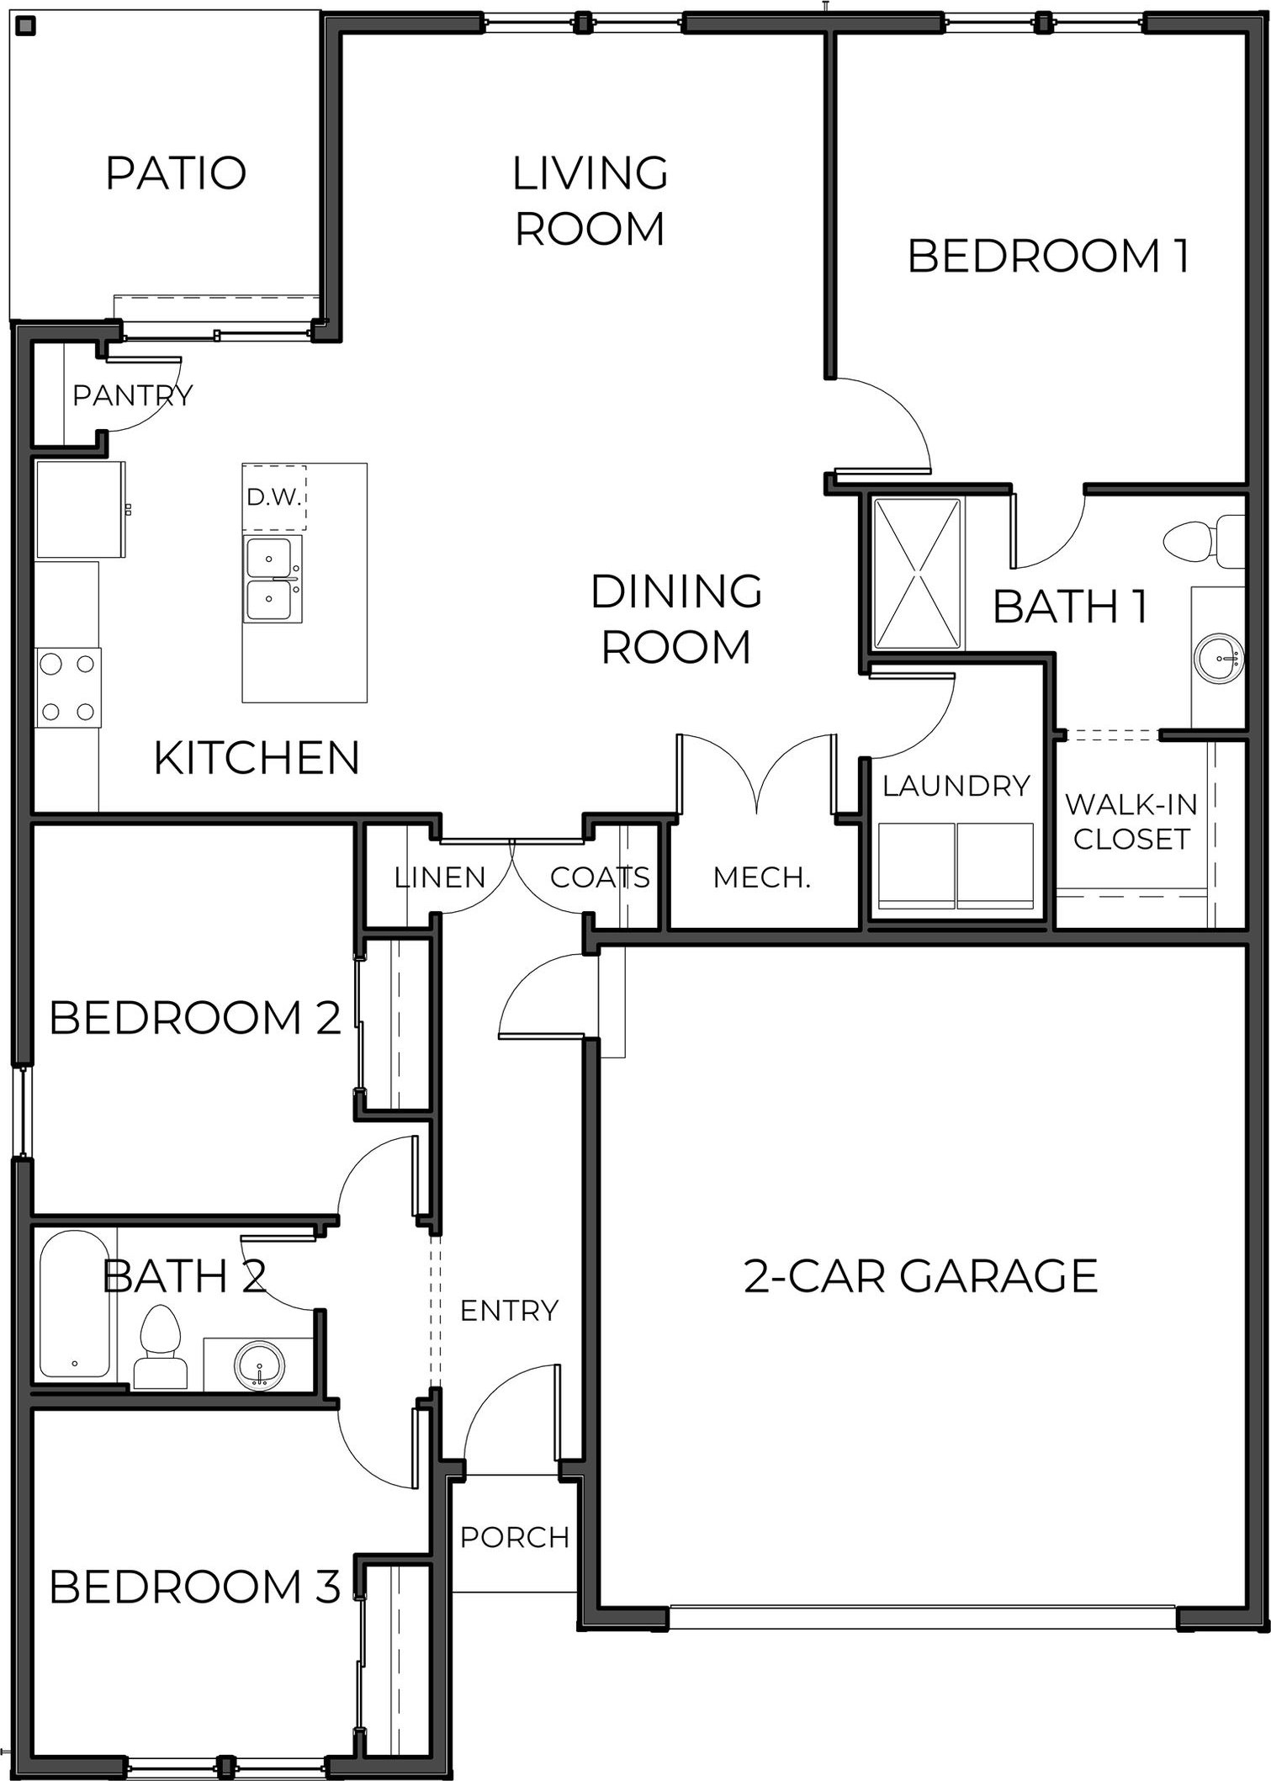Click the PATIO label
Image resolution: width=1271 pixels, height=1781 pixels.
click(176, 172)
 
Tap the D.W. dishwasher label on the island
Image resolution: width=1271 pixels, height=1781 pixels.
click(274, 497)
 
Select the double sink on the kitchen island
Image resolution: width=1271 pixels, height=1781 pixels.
click(273, 579)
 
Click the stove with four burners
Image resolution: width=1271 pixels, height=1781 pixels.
click(68, 687)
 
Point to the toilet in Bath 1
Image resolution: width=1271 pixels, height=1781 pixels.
click(1204, 543)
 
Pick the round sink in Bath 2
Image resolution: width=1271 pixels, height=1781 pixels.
click(260, 1365)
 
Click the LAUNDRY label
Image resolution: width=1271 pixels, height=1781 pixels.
click(956, 786)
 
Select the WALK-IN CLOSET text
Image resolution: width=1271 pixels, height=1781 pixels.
click(1131, 821)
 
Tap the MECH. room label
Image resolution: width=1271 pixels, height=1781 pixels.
click(761, 877)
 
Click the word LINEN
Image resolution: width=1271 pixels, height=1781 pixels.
click(440, 877)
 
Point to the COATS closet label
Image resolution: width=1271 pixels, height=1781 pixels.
click(600, 877)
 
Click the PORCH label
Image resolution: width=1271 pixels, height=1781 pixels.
click(515, 1537)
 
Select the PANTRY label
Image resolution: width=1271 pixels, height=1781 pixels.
click(133, 395)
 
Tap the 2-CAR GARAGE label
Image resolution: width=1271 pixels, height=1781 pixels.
click(921, 1276)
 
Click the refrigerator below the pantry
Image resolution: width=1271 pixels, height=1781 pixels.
click(81, 509)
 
